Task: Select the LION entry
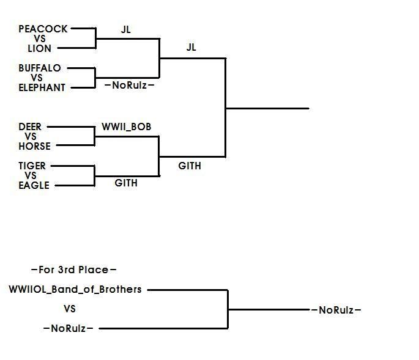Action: click(40, 48)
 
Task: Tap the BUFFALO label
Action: click(40, 68)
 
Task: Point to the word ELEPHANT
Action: click(42, 87)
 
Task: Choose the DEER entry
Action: click(30, 127)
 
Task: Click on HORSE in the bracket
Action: click(34, 146)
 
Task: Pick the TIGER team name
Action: click(32, 166)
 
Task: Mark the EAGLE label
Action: click(34, 185)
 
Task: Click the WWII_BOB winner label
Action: click(127, 127)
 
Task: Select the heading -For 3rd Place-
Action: click(73, 270)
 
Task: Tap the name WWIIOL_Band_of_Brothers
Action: click(75, 289)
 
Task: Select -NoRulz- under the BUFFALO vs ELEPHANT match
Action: click(129, 86)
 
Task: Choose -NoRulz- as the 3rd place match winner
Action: click(336, 310)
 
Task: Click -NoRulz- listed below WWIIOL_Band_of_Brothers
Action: click(68, 328)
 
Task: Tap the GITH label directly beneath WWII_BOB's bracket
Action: click(126, 183)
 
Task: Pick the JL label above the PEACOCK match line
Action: click(126, 29)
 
